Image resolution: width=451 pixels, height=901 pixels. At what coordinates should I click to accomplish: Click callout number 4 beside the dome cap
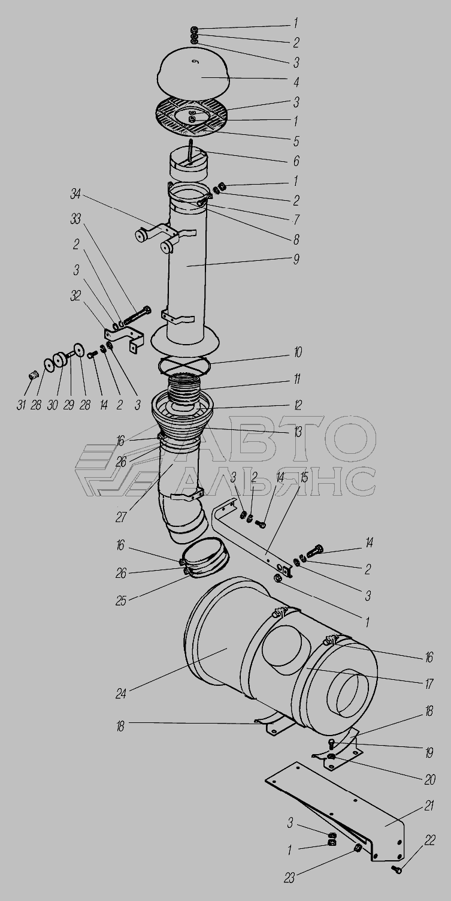click(x=296, y=82)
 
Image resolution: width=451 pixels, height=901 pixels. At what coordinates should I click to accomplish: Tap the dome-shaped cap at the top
click(x=193, y=73)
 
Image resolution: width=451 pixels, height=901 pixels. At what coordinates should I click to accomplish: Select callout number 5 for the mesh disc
click(x=296, y=141)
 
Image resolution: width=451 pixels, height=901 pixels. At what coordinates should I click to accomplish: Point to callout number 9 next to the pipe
click(x=296, y=260)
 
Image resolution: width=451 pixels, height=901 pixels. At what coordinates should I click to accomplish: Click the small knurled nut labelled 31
click(x=34, y=376)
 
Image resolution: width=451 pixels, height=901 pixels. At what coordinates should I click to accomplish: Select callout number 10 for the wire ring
click(x=297, y=352)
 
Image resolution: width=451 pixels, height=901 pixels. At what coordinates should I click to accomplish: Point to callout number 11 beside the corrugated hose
click(x=296, y=379)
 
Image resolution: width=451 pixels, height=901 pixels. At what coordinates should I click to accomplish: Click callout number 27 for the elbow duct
click(x=121, y=517)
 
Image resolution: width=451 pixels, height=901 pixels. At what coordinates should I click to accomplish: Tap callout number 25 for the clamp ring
click(x=121, y=600)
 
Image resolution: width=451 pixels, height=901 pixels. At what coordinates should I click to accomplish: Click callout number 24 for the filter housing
click(x=121, y=694)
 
